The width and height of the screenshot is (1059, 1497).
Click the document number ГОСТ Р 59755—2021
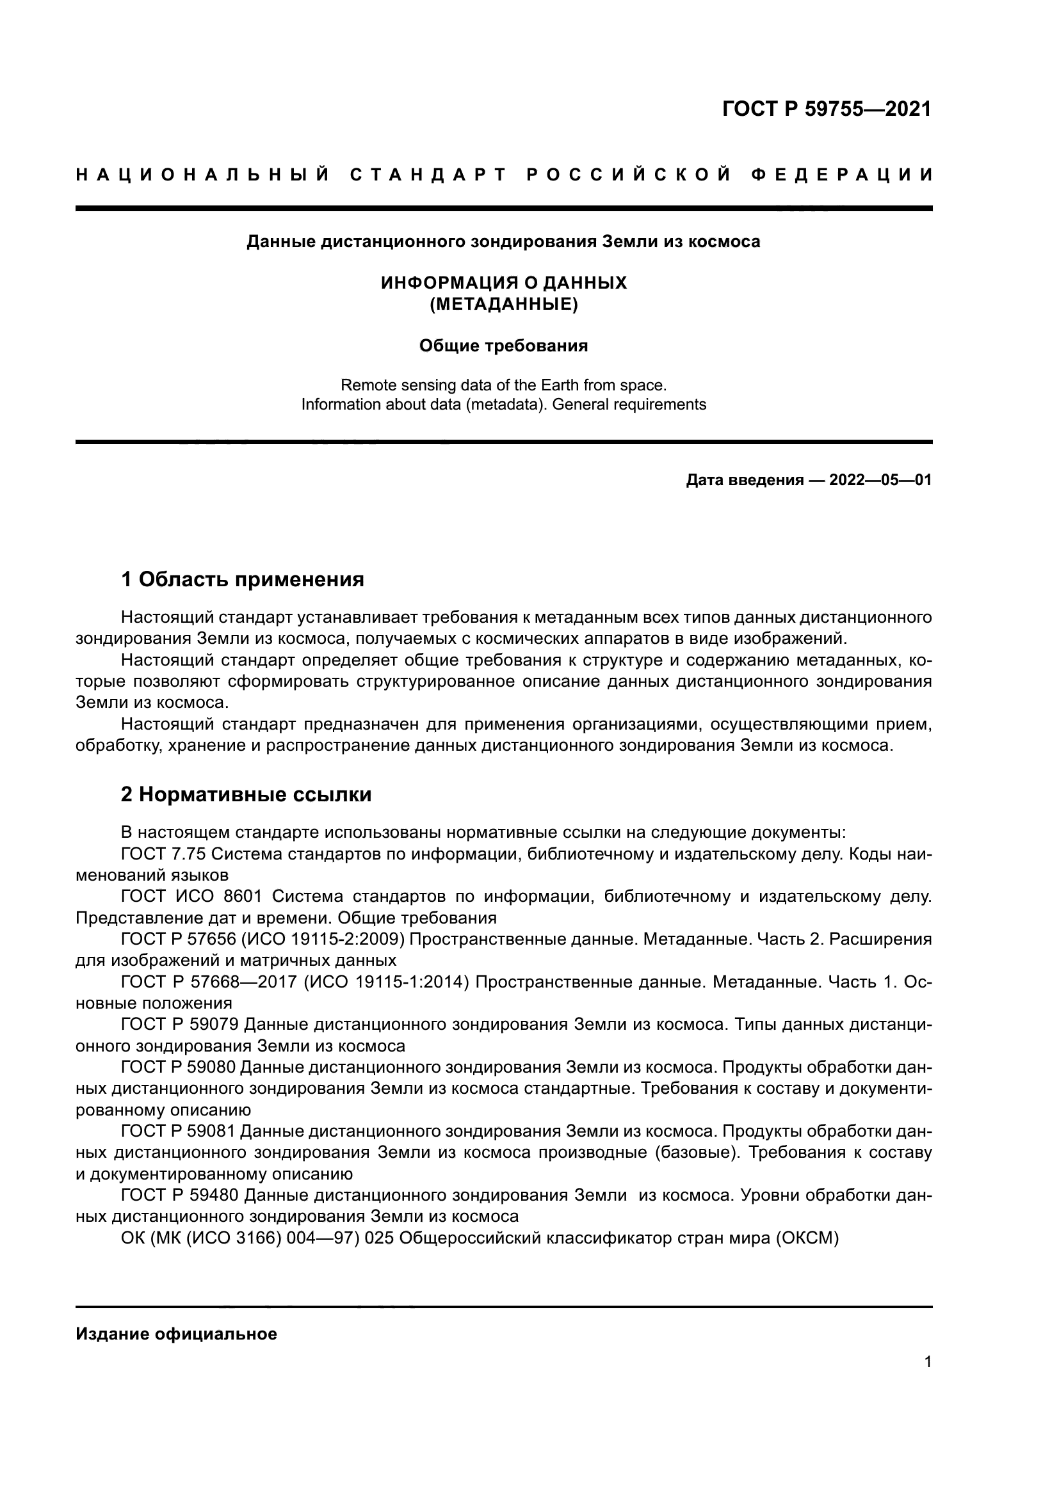pyautogui.click(x=826, y=109)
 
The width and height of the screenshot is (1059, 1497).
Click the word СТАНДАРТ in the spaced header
pyautogui.click(x=428, y=175)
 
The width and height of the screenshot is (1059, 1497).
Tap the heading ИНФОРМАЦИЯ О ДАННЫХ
pyautogui.click(x=503, y=283)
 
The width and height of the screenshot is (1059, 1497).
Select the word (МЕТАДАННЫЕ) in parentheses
pyautogui.click(x=503, y=305)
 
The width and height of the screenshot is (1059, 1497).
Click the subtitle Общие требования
pyautogui.click(x=503, y=346)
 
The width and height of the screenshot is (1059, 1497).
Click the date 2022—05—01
pyautogui.click(x=880, y=481)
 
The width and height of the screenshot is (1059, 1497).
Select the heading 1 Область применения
pyautogui.click(x=243, y=579)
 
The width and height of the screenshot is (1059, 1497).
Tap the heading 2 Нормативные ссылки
pyautogui.click(x=247, y=795)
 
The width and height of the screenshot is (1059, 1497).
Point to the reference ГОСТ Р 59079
pyautogui.click(x=181, y=1025)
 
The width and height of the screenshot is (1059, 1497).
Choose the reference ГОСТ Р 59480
pyautogui.click(x=181, y=1195)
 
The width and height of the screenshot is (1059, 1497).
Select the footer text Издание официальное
pyautogui.click(x=176, y=1334)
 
